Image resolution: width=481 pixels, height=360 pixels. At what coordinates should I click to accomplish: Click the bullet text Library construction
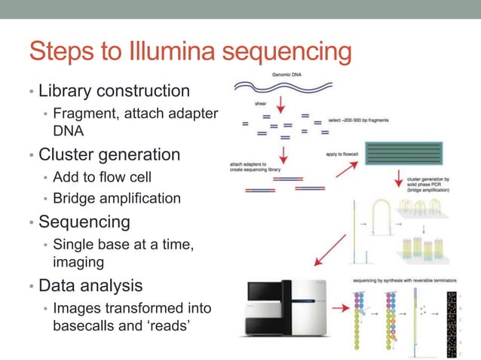(114, 91)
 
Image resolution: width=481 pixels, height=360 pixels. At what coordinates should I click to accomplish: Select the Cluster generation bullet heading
(109, 155)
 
